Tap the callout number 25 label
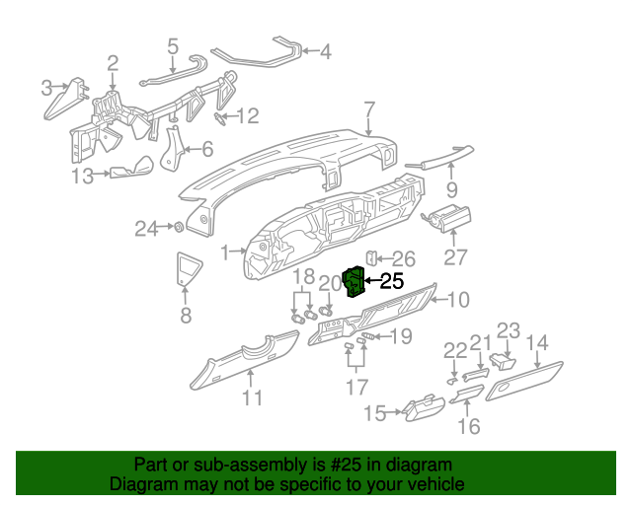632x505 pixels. tap(391, 282)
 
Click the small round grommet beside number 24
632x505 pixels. tap(178, 228)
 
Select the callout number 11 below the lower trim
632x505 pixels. tap(253, 397)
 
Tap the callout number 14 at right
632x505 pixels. tap(536, 343)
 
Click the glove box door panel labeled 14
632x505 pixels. tap(523, 381)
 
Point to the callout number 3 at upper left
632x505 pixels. tap(46, 89)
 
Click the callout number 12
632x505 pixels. tap(246, 116)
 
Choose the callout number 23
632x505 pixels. tap(508, 330)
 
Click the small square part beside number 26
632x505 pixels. tap(371, 257)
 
